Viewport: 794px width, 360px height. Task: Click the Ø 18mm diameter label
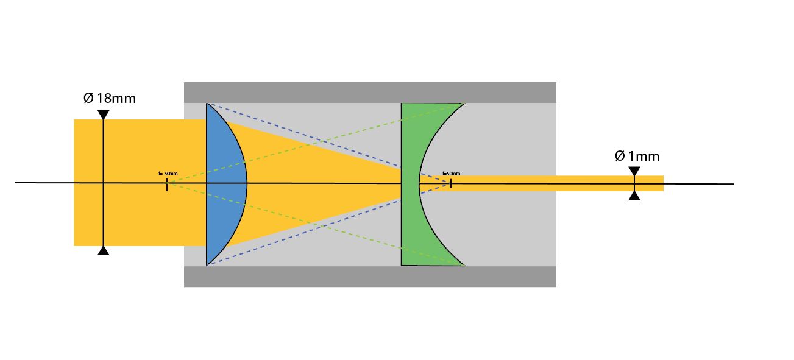click(110, 98)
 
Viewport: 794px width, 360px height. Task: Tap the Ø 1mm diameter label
click(637, 157)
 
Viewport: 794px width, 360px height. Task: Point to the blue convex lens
click(227, 183)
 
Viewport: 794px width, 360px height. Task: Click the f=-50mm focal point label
click(168, 174)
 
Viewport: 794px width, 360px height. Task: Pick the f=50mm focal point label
click(452, 174)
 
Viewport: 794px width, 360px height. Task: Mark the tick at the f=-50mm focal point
click(167, 183)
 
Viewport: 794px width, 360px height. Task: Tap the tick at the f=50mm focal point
click(451, 183)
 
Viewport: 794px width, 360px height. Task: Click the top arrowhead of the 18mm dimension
click(104, 115)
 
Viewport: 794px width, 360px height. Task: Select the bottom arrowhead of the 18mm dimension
click(104, 250)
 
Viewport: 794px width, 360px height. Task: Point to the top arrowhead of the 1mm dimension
click(634, 171)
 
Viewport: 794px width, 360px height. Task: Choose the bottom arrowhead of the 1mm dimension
click(634, 196)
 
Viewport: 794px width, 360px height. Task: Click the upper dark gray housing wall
click(370, 92)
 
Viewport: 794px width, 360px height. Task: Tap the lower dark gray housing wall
click(370, 276)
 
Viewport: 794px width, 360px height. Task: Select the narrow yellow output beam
click(548, 183)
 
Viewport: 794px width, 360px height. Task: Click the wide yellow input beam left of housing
click(140, 152)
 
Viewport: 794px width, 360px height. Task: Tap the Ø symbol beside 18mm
click(88, 98)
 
